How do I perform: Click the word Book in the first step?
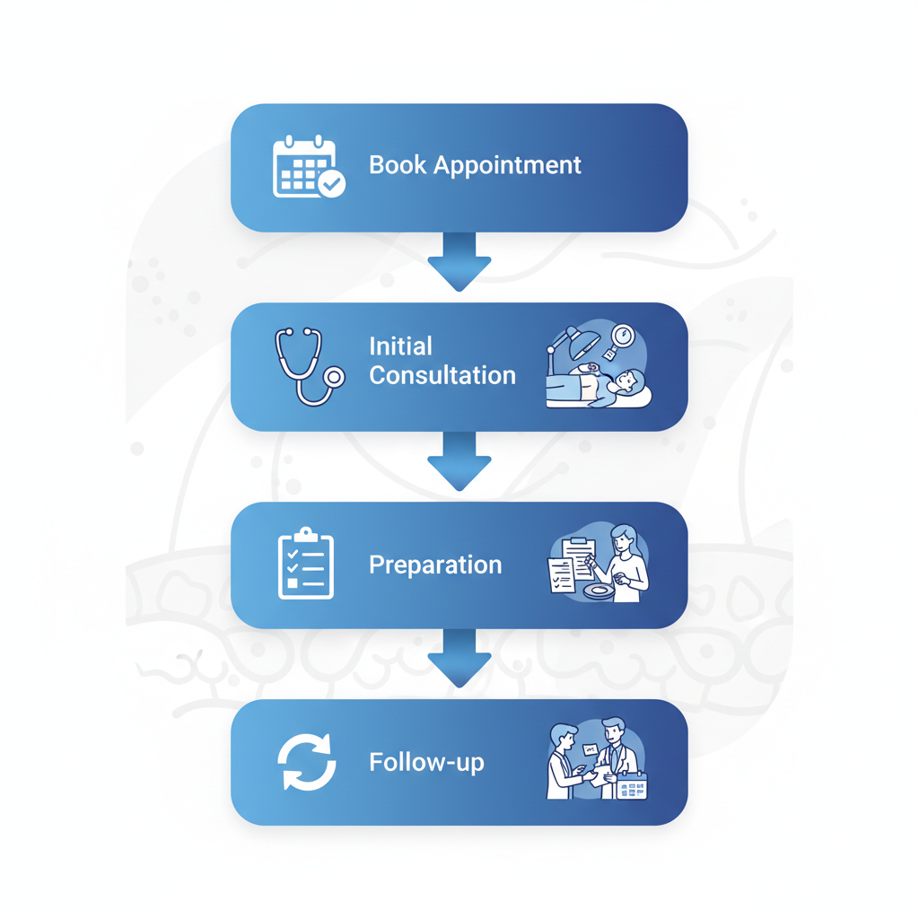(398, 165)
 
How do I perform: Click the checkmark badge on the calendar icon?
(332, 184)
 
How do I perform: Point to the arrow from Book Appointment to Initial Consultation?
(459, 261)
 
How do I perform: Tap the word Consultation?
(442, 376)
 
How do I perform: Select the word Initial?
(400, 346)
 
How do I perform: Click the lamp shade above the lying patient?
(583, 340)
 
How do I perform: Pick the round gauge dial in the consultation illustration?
(622, 337)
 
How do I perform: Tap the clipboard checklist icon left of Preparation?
(306, 564)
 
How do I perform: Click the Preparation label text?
(435, 565)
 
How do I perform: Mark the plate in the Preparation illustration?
(596, 591)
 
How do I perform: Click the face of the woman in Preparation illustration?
(622, 540)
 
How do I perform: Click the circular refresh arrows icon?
(306, 762)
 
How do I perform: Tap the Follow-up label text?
(426, 763)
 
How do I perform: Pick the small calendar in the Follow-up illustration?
(632, 786)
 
